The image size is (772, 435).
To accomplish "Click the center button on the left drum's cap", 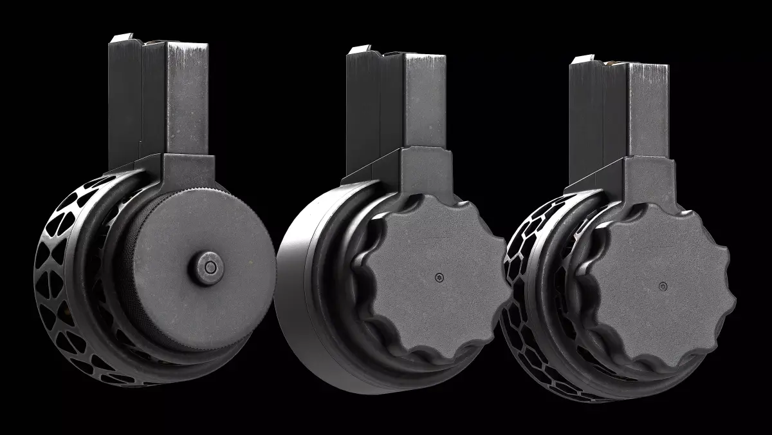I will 208,265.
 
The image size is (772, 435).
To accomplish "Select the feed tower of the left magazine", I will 161,97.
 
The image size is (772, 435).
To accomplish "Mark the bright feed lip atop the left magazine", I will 121,39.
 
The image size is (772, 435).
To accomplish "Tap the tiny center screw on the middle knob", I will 439,278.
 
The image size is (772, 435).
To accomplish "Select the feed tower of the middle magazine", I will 399,103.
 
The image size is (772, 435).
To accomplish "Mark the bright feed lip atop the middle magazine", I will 359,50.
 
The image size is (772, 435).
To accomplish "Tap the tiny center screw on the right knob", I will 661,284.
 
